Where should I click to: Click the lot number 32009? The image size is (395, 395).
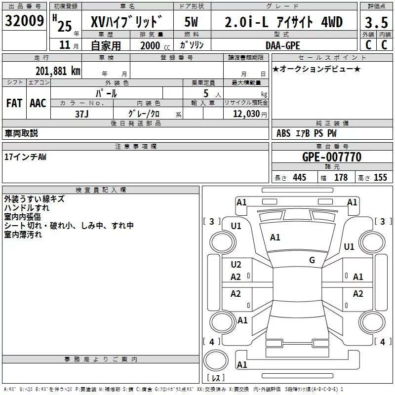[x=24, y=20]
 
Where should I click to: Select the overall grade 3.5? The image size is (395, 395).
[x=376, y=22]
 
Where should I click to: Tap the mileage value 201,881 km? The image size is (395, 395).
[x=58, y=71]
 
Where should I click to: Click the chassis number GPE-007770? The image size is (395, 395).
[x=332, y=157]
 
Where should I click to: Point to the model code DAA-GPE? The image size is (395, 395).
[x=283, y=45]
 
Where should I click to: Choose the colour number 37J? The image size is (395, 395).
[x=82, y=114]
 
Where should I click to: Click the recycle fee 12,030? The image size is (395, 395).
[x=246, y=114]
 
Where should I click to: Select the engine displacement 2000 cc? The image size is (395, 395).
[x=155, y=45]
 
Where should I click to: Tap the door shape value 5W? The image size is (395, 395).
[x=191, y=22]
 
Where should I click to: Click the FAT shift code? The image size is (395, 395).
[x=14, y=103]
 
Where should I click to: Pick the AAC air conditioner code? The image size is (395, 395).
[x=38, y=103]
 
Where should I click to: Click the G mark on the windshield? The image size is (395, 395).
[x=312, y=260]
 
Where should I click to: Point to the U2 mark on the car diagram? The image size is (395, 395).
[x=236, y=264]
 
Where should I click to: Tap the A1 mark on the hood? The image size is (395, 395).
[x=275, y=237]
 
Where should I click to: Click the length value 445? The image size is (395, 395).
[x=300, y=177]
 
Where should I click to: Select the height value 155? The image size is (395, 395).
[x=380, y=177]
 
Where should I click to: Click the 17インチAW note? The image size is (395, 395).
[x=26, y=157]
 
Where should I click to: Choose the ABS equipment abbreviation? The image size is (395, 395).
[x=283, y=133]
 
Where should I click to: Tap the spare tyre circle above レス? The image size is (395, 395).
[x=216, y=360]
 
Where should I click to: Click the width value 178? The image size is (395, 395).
[x=341, y=177]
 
